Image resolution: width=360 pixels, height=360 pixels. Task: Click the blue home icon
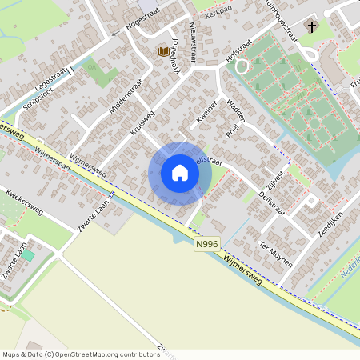point(180,173)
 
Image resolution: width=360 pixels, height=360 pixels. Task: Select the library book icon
point(163,51)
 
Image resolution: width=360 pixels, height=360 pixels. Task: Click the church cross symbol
point(311,28)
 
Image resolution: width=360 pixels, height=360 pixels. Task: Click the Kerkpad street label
point(217,14)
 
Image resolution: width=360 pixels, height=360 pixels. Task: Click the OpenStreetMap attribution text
point(80,354)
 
